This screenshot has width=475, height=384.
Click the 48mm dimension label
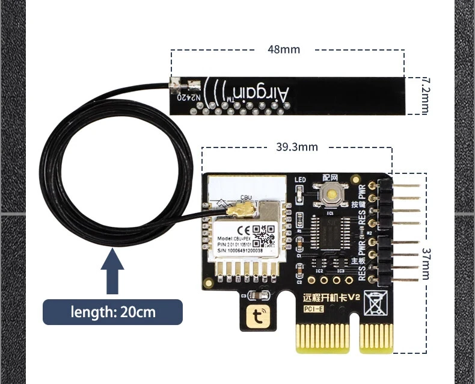pos(283,49)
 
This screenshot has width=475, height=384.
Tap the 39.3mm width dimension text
pos(297,146)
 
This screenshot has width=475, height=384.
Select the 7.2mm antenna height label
pos(426,95)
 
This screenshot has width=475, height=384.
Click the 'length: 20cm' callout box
pos(112,312)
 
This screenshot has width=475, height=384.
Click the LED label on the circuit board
pos(301,179)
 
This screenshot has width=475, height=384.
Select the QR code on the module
pos(262,232)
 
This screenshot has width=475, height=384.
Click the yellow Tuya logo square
pos(257,314)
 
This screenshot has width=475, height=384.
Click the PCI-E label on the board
pos(314,309)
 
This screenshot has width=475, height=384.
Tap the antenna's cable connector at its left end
pos(178,89)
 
